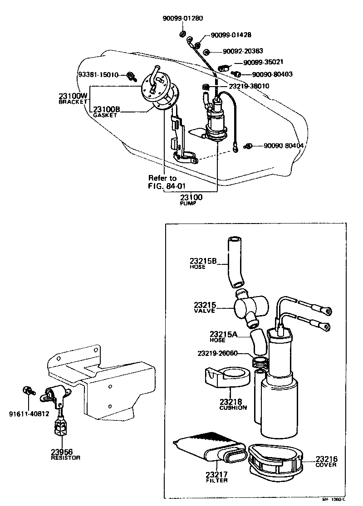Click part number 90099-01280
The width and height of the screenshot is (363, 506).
point(183,19)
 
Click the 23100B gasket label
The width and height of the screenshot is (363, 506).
point(107,112)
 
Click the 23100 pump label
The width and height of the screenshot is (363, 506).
point(191,200)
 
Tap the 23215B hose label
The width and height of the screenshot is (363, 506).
point(203,263)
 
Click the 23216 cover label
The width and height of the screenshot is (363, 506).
point(326,462)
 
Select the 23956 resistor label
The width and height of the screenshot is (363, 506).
point(65,454)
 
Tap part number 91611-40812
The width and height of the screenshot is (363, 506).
point(29,413)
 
